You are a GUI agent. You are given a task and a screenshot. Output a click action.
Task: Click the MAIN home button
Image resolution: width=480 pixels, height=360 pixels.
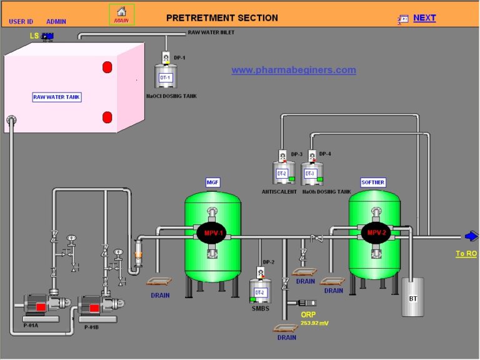coord(121,14)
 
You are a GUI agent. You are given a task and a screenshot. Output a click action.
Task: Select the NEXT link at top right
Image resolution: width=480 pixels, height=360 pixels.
coord(424,18)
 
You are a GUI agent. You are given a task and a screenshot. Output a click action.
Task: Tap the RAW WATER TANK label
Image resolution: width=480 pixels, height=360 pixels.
coord(57,97)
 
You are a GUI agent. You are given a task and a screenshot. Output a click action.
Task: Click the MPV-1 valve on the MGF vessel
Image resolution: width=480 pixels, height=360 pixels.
coord(212,233)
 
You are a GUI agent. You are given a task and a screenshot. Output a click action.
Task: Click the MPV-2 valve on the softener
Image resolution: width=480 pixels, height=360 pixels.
coord(375,233)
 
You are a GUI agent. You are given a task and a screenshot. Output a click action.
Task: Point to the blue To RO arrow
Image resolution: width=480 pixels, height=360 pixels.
coord(472,236)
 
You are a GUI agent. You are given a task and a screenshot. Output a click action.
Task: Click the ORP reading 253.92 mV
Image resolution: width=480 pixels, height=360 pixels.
coord(314,323)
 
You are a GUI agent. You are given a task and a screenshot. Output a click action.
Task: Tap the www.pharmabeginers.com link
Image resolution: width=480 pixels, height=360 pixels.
coord(294,70)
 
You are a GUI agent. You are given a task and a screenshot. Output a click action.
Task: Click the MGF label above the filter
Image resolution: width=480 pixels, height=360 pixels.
coord(212,182)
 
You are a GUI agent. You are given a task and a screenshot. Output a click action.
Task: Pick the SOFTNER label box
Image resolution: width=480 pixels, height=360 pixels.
coord(373,182)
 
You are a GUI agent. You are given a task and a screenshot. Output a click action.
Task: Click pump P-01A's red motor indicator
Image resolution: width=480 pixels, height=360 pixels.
coord(41,307)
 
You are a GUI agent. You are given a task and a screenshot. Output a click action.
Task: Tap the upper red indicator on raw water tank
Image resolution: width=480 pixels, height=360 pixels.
coord(107,66)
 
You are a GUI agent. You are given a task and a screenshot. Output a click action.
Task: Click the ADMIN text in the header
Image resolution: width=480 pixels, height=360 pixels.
coord(56,21)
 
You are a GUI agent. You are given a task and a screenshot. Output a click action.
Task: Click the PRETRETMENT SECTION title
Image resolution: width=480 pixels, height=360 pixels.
coord(222,17)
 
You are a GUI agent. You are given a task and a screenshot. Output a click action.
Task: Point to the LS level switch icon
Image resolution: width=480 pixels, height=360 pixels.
coord(47,36)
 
